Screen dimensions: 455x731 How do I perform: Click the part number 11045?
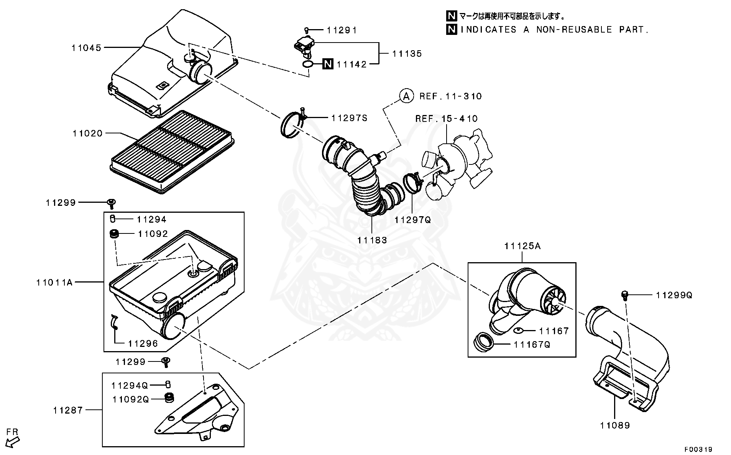86,48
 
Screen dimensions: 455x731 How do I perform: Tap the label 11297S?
349,118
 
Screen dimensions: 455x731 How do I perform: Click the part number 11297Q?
413,220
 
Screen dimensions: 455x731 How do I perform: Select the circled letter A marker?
406,96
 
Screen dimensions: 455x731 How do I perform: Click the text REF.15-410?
447,119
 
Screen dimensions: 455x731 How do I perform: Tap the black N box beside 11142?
328,64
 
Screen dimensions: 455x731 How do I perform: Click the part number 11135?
407,54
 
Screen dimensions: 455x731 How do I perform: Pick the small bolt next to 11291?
306,30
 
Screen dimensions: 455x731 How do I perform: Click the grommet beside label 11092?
114,233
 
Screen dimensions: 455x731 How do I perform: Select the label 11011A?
54,283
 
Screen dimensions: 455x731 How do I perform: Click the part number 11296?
143,343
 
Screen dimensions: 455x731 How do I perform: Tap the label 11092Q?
130,399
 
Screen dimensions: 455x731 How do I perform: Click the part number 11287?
68,410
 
